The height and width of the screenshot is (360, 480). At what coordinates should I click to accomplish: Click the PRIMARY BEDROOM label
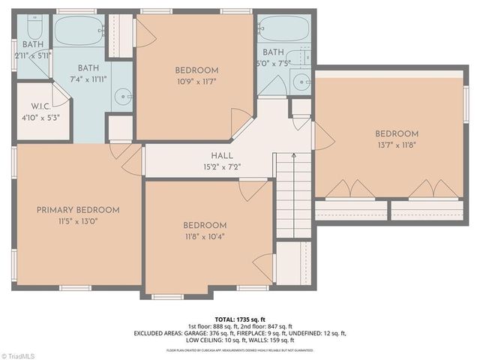tap(78, 210)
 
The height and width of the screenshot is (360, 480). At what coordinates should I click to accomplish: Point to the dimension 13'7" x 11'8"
tap(397, 145)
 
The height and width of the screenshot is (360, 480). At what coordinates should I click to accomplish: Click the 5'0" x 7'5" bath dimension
tap(272, 63)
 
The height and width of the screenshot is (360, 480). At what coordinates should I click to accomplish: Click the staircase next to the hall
tap(293, 184)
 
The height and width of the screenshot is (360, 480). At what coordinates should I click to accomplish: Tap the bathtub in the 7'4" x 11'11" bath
tap(79, 30)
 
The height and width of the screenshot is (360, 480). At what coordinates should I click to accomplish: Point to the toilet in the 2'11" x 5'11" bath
tap(34, 28)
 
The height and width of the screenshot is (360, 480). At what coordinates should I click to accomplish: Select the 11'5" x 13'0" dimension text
tap(78, 221)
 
